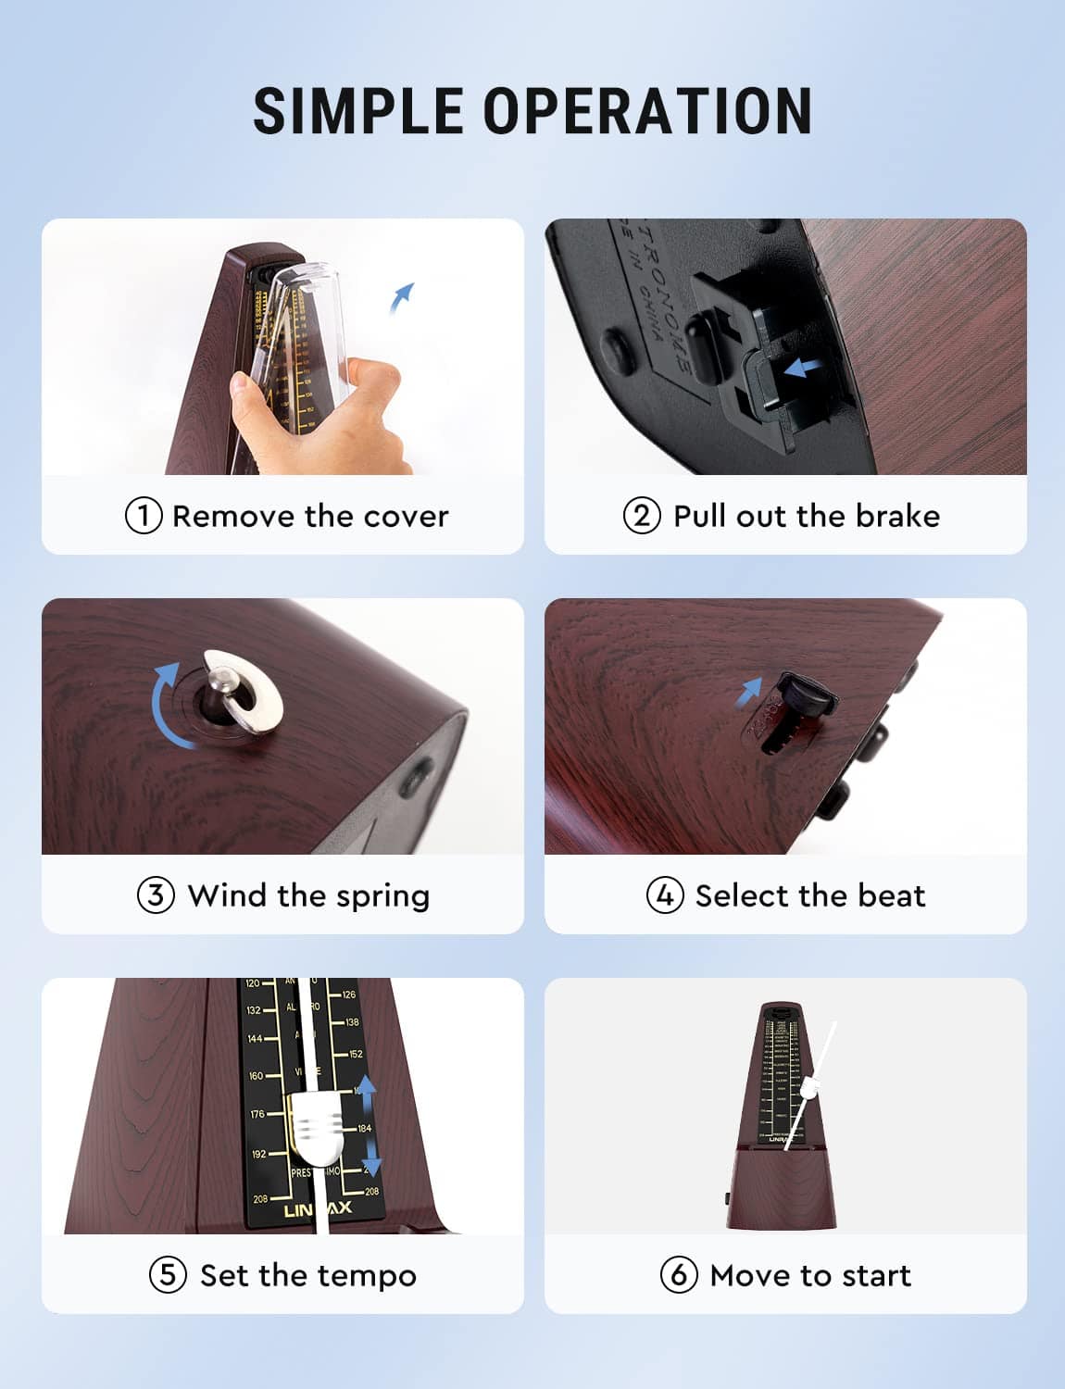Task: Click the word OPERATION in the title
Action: (648, 111)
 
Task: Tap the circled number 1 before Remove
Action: (144, 516)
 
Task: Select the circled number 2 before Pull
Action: (642, 516)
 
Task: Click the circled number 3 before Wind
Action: (156, 895)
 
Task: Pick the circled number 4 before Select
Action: (665, 895)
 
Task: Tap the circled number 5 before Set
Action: (168, 1275)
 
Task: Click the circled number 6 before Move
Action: (679, 1275)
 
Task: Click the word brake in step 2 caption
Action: (896, 516)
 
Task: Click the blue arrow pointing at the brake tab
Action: (801, 369)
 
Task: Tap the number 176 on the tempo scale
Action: (257, 1114)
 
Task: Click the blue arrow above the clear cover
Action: (402, 297)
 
